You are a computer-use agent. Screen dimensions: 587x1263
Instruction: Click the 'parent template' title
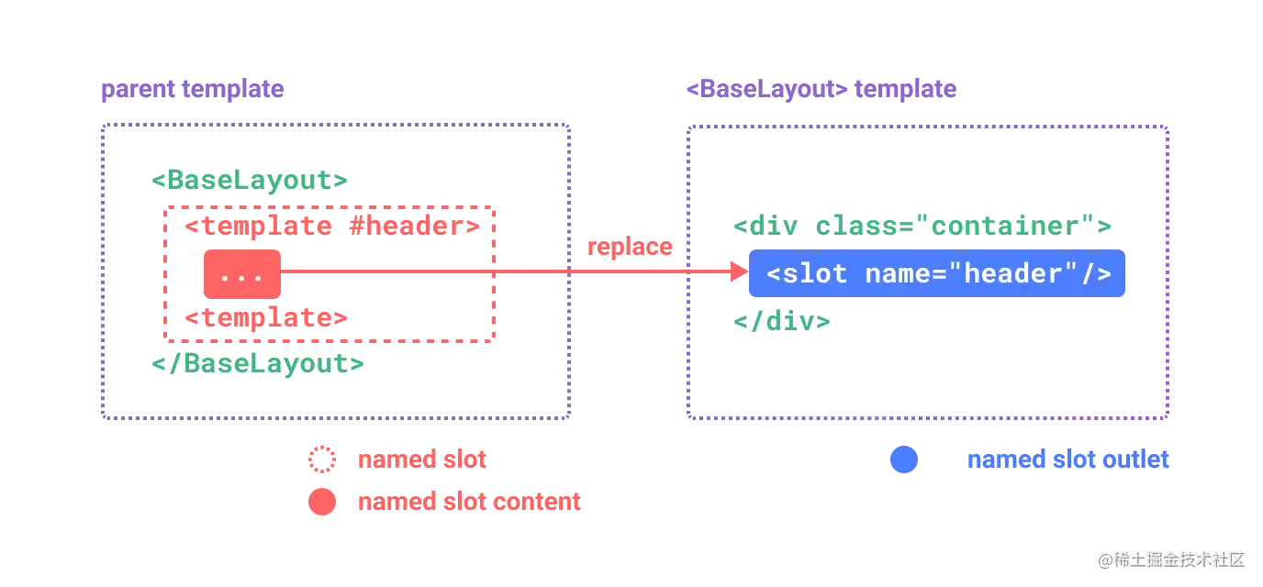[x=192, y=91]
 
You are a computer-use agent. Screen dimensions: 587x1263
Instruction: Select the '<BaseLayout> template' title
[x=821, y=90]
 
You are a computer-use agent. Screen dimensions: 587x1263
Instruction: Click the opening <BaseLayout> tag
[x=250, y=180]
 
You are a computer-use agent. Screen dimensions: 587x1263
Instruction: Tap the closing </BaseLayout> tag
[x=259, y=364]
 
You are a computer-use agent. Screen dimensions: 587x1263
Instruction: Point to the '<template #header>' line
[x=331, y=226]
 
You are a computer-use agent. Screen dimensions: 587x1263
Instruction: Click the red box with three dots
[x=242, y=274]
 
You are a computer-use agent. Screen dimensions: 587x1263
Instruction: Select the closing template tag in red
[x=266, y=318]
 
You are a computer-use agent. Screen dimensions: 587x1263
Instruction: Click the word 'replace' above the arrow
[x=630, y=247]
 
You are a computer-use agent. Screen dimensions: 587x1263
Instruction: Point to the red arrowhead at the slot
[x=737, y=272]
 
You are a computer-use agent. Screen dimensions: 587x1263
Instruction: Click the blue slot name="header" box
[x=937, y=274]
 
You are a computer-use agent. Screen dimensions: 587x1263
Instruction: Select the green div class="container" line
[x=923, y=227]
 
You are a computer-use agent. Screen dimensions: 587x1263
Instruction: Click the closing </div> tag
[x=782, y=322]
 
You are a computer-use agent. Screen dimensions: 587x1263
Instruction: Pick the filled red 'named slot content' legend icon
[x=322, y=502]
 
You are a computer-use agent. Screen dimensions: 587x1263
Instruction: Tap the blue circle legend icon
[x=903, y=460]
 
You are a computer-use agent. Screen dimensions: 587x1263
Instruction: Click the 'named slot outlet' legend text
[x=1068, y=460]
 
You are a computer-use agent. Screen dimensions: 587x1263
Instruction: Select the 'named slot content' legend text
[x=468, y=502]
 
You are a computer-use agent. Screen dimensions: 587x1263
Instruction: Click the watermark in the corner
[x=1168, y=559]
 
